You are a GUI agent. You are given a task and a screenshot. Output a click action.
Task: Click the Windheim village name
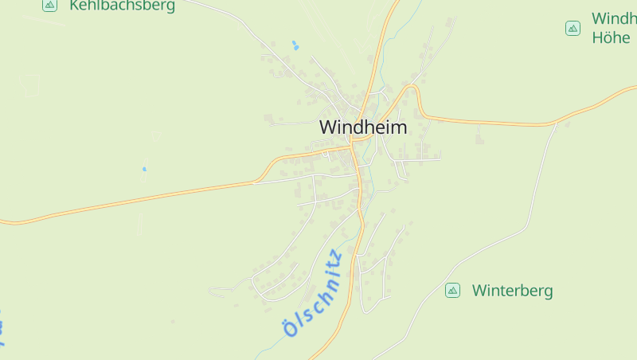[x=362, y=127]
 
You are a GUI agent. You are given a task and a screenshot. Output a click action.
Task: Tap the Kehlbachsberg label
[x=122, y=6]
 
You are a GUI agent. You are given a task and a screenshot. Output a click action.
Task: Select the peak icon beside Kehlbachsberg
[x=49, y=5]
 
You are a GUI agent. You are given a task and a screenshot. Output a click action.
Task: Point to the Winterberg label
[x=512, y=291]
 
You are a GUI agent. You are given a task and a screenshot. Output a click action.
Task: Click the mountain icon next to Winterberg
[x=452, y=291]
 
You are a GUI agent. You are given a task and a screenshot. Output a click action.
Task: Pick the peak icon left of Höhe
[x=573, y=29]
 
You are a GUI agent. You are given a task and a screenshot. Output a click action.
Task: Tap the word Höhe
[x=611, y=37]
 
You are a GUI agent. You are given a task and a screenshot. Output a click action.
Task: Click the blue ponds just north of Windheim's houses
[x=295, y=45]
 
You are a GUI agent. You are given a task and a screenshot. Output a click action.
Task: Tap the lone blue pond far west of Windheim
[x=144, y=169]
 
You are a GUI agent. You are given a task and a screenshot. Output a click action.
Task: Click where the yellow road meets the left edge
[x=2, y=221]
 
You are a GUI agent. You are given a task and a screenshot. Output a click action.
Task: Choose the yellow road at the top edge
[x=393, y=3]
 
